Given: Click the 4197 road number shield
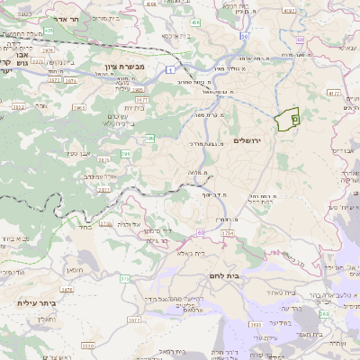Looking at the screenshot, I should [x=289, y=11].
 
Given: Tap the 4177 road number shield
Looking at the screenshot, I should [x=334, y=93].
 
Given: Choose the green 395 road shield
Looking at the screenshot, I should [x=125, y=155].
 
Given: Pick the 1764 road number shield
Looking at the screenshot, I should [x=227, y=233].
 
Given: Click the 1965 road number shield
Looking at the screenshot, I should [x=78, y=107].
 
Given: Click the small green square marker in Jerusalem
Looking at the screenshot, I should [x=295, y=118].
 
